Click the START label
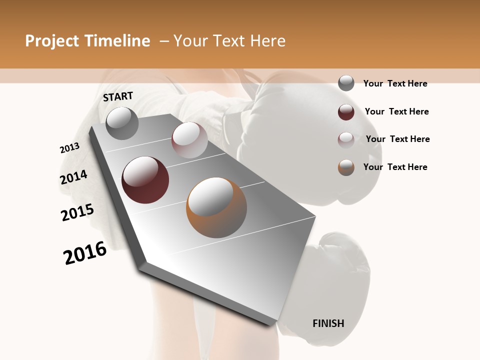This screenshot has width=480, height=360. coord(118,96)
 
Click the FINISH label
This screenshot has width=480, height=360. coord(328,323)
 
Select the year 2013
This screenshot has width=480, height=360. coord(69,148)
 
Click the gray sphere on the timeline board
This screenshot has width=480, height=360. coord(122,123)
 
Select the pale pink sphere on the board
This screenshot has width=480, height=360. coord(189,140)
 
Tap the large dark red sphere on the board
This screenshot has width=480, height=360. coord(145,180)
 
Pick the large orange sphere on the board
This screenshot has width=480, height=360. coord(216,207)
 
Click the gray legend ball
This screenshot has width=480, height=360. coord(346,83)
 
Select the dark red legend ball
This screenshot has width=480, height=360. coord(346,112)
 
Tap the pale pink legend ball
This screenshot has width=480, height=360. coord(346,140)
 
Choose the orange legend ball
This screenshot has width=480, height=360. coord(346,167)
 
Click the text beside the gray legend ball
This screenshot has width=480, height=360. coord(395,83)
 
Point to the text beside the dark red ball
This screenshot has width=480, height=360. coord(396,111)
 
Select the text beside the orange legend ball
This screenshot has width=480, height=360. coord(395,167)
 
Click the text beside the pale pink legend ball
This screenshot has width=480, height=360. coord(397,139)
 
